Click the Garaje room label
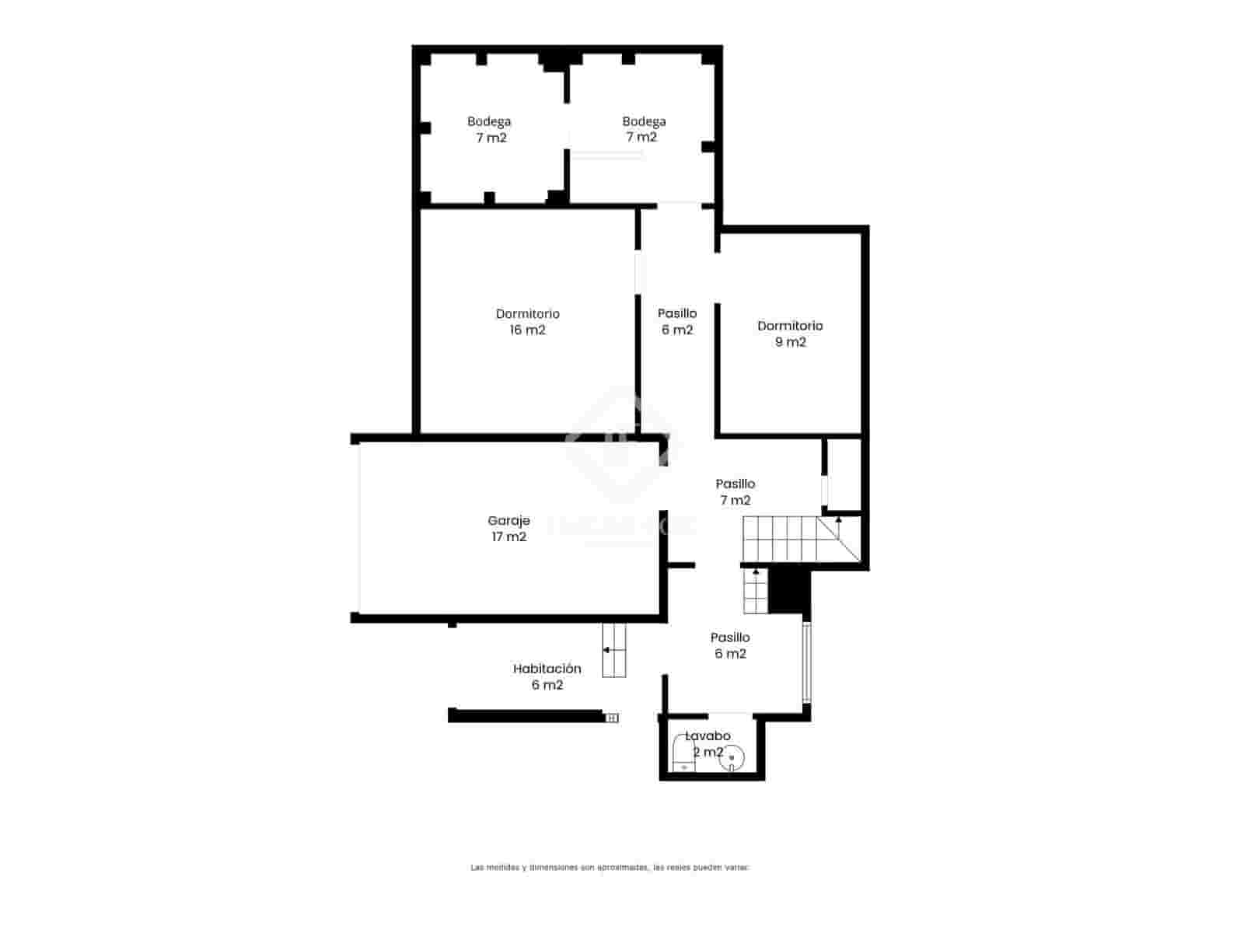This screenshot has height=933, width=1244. click(508, 521)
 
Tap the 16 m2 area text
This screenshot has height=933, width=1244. click(527, 330)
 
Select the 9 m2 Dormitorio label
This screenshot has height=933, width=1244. click(790, 334)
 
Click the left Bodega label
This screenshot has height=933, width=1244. click(489, 129)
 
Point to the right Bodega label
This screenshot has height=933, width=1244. click(644, 129)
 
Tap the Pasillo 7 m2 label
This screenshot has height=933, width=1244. click(735, 492)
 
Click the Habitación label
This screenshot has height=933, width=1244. click(547, 669)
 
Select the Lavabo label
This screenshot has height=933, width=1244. click(708, 736)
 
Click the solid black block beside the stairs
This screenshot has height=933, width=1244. click(788, 591)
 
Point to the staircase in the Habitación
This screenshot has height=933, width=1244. click(614, 649)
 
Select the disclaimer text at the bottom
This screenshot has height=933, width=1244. click(610, 867)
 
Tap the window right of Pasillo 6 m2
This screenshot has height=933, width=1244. click(806, 661)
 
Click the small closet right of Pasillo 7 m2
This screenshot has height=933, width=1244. click(844, 474)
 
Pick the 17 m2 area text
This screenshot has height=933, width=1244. click(508, 537)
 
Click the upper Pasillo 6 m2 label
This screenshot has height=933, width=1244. click(676, 321)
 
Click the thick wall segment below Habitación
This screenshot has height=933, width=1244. click(526, 715)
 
